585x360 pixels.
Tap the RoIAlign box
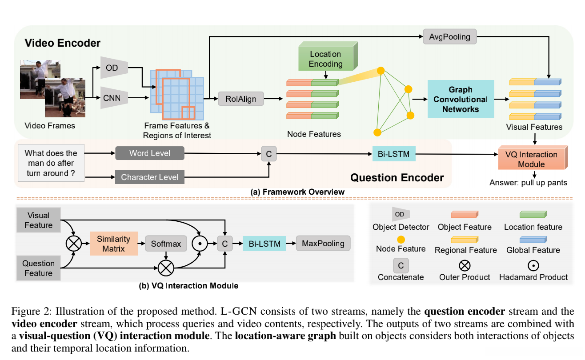point(241,99)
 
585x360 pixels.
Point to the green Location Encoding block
point(326,59)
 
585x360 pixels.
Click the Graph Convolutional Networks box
point(461,99)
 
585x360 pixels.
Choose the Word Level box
point(149,153)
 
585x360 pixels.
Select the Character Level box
point(149,177)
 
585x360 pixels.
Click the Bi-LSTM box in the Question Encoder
point(391,154)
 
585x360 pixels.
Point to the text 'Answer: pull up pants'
point(528,183)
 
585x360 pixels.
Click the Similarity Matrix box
point(113,243)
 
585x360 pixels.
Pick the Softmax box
point(166,244)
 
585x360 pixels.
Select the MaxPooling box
point(323,243)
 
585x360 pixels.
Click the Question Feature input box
point(38,268)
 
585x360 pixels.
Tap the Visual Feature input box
point(38,220)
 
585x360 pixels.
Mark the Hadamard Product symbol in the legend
point(533,265)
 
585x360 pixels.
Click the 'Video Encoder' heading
point(62,43)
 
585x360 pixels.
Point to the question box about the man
point(51,163)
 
